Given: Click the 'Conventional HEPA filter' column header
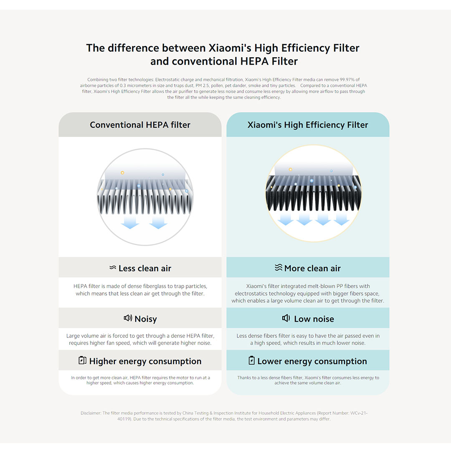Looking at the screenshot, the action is pyautogui.click(x=140, y=125).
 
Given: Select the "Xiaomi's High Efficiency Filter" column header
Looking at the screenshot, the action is pyautogui.click(x=308, y=125).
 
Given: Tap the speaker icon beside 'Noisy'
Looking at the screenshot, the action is pyautogui.click(x=128, y=318).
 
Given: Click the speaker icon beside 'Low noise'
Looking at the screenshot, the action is pyautogui.click(x=286, y=318).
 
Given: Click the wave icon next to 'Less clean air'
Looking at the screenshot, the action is pyautogui.click(x=113, y=268).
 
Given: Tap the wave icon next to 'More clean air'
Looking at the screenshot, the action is pyautogui.click(x=279, y=268).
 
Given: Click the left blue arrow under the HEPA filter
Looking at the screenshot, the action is pyautogui.click(x=130, y=222).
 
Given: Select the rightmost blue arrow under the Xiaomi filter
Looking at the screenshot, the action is pyautogui.click(x=342, y=219).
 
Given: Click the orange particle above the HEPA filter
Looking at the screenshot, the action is pyautogui.click(x=122, y=173).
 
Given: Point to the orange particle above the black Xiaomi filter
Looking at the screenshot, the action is pyautogui.click(x=291, y=170).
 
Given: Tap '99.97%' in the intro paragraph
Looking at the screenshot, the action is pyautogui.click(x=347, y=80).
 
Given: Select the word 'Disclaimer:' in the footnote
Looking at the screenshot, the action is pyautogui.click(x=91, y=413).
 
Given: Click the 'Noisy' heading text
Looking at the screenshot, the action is pyautogui.click(x=146, y=319).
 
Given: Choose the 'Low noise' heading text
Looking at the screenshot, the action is pyautogui.click(x=314, y=319).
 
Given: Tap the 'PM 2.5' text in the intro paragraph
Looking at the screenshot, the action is pyautogui.click(x=202, y=86).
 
